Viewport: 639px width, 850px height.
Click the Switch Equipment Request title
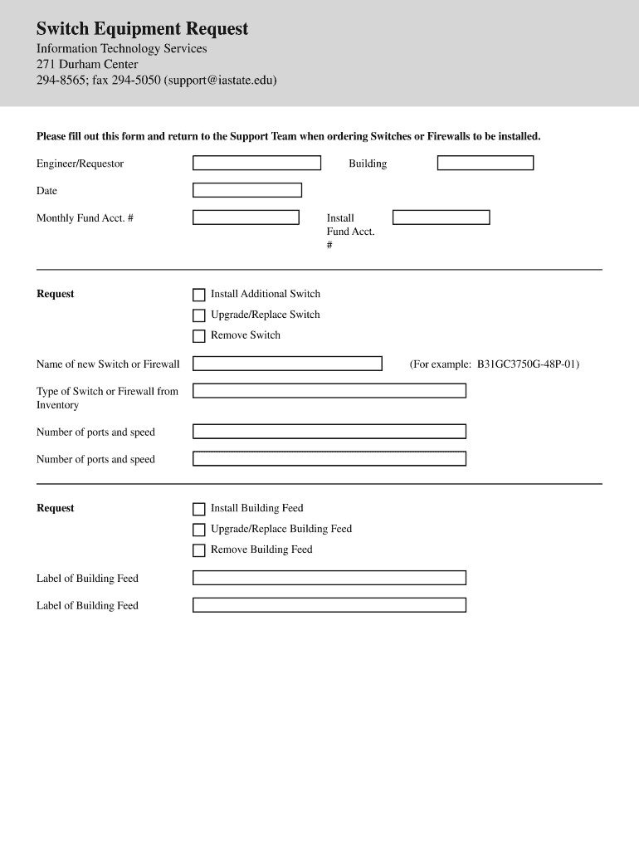coord(142,29)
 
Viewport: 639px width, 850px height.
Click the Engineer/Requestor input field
coord(256,164)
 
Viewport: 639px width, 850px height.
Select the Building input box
coord(485,164)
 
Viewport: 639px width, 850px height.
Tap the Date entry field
coord(247,190)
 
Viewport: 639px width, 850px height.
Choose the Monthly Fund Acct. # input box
coord(246,217)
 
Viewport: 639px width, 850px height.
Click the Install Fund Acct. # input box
coord(441,217)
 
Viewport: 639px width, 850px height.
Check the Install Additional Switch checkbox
coord(199,295)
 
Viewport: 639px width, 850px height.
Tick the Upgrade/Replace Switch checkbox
coord(199,315)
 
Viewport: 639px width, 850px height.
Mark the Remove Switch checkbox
coord(199,336)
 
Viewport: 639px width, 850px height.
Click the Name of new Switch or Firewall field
coord(287,364)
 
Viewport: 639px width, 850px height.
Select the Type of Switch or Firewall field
coord(329,391)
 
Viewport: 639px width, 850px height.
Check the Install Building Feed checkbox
coord(199,509)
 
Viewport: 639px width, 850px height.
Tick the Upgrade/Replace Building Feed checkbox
coord(199,530)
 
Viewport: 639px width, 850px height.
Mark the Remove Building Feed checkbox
coord(199,550)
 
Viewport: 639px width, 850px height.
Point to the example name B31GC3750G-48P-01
coord(527,364)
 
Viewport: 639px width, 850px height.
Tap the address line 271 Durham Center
coord(87,64)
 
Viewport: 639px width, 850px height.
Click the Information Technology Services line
coord(121,48)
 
